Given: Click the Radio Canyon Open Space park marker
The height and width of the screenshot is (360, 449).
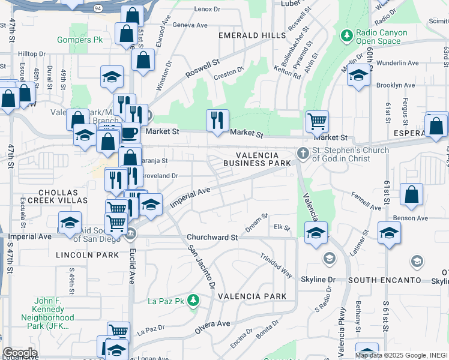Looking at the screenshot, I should pos(346,36).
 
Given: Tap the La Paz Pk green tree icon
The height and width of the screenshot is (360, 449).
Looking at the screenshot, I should pos(193,299).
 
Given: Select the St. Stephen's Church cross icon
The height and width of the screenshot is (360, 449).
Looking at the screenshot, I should pos(303,154).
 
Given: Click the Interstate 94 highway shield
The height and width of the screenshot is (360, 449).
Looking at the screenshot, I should pos(97,8).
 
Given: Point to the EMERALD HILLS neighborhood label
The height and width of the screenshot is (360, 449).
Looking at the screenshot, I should pos(252,35).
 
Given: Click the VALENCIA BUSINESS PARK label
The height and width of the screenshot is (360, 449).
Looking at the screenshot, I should pos(258,159).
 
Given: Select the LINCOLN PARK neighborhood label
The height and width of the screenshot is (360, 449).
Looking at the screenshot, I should pos(88,255).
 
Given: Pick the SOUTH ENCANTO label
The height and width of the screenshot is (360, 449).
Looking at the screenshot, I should pos(393,280).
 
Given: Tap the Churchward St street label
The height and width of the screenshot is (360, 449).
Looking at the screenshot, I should pos(212,238).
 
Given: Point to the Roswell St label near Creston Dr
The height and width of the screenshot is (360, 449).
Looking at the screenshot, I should pos(202,67).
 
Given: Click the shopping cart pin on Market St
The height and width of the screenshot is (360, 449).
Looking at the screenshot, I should pos(317,121).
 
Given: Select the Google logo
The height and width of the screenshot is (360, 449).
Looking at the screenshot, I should pos(20,353).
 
